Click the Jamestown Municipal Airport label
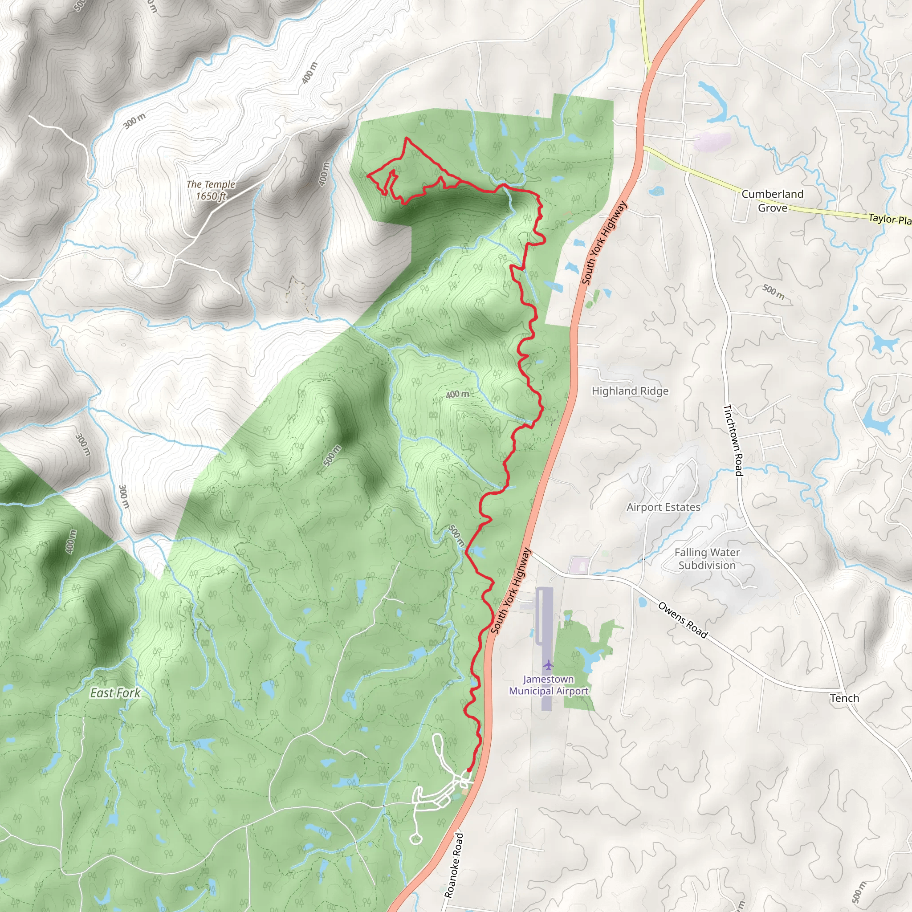pyautogui.click(x=548, y=685)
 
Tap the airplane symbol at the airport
pyautogui.click(x=548, y=665)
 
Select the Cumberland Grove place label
pyautogui.click(x=772, y=201)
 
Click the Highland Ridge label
pyautogui.click(x=630, y=391)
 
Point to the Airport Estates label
pyautogui.click(x=663, y=507)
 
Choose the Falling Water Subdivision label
pyautogui.click(x=707, y=558)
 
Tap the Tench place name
pyautogui.click(x=844, y=698)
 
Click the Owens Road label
pyautogui.click(x=683, y=620)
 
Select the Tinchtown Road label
pyautogui.click(x=733, y=440)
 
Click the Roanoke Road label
pyautogui.click(x=454, y=865)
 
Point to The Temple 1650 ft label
pyautogui.click(x=211, y=190)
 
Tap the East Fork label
pyautogui.click(x=115, y=692)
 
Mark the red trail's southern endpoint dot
pyautogui.click(x=469, y=770)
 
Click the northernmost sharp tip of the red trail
pyautogui.click(x=407, y=138)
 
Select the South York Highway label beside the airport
pyautogui.click(x=511, y=590)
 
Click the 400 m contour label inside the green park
pyautogui.click(x=457, y=394)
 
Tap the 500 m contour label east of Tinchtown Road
pyautogui.click(x=773, y=292)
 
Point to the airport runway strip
pyautogui.click(x=546, y=632)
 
